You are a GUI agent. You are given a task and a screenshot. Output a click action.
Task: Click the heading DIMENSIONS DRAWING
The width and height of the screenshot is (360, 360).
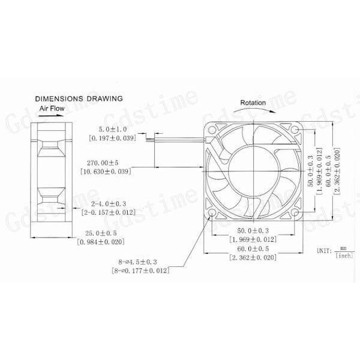[79, 98]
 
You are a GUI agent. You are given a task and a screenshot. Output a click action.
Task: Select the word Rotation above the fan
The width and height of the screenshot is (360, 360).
[253, 103]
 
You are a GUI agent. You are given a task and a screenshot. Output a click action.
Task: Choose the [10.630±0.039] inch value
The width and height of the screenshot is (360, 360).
[105, 171]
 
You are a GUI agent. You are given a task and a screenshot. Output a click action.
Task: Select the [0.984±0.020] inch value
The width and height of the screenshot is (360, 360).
[104, 242]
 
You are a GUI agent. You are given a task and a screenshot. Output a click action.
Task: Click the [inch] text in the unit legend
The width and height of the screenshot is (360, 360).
[344, 255]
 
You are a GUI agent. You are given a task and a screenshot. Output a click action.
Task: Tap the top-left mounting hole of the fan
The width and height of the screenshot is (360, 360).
[212, 128]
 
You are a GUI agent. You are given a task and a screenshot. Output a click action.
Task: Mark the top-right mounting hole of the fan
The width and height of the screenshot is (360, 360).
[297, 128]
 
